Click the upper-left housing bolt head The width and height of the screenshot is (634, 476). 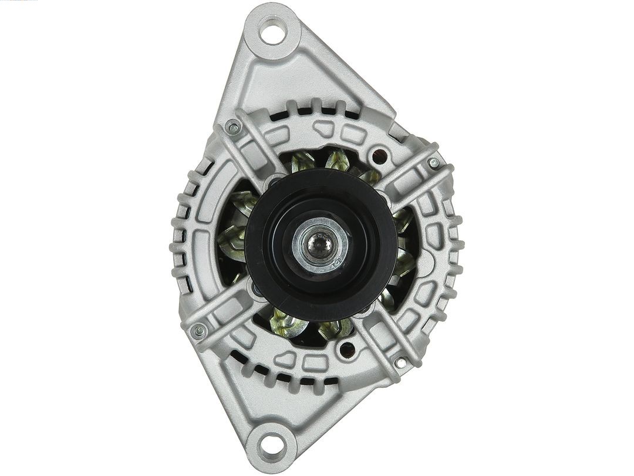click(x=232, y=126)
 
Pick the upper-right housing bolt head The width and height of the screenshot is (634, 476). click(x=434, y=163)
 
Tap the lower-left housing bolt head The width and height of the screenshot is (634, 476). click(x=198, y=330)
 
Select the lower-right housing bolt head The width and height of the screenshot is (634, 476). click(x=401, y=363)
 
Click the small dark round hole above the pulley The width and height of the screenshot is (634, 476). click(x=380, y=156)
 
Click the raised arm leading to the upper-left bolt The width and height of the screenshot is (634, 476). click(x=258, y=153)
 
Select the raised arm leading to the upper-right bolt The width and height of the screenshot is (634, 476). click(x=411, y=176)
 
